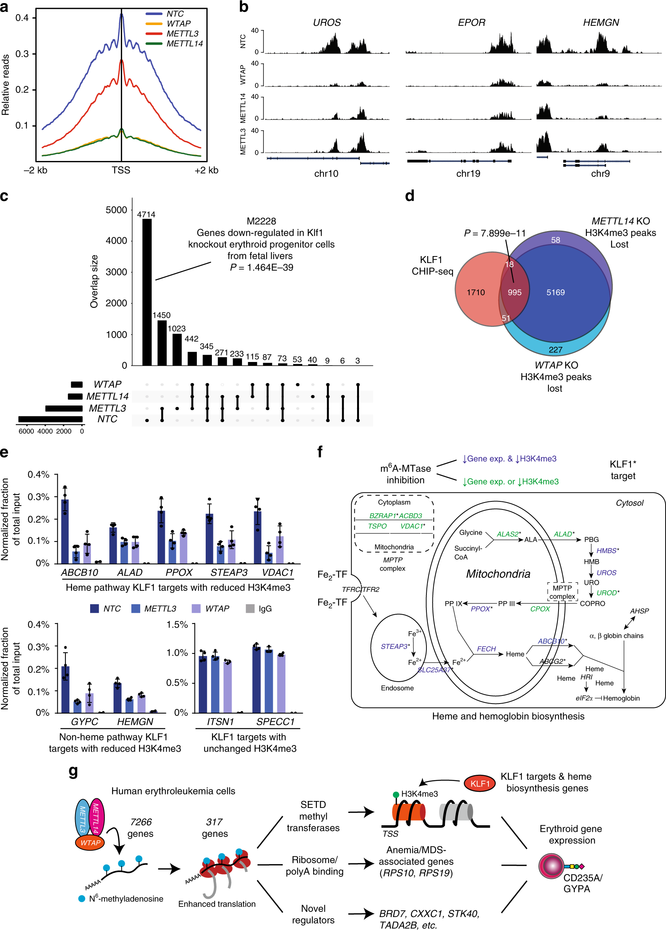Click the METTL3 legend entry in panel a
[182, 34]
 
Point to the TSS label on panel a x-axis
[121, 170]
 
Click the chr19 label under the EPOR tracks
[468, 174]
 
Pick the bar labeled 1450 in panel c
[162, 343]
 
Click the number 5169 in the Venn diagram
[555, 292]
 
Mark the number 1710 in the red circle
[475, 292]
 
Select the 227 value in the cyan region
[555, 350]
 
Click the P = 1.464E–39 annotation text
[261, 267]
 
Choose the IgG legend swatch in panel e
[250, 609]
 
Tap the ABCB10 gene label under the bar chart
[80, 573]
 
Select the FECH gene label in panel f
[486, 649]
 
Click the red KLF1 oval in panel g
[480, 784]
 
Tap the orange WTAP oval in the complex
[90, 843]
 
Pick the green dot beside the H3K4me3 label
[396, 795]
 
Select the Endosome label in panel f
[397, 688]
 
